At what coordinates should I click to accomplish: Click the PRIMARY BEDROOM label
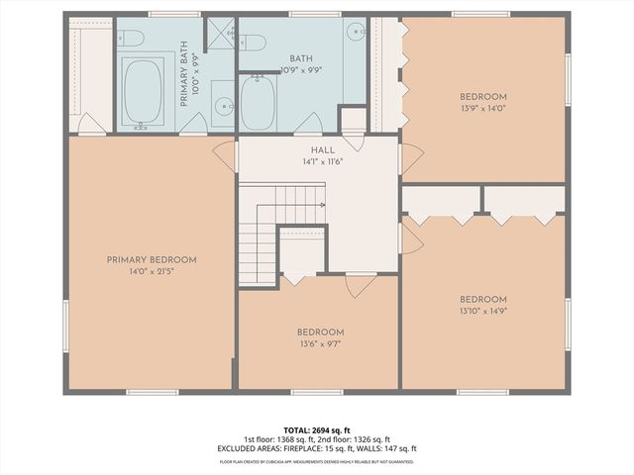[x=152, y=259]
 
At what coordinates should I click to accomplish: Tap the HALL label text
[x=322, y=150]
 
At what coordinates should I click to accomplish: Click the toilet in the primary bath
[x=131, y=40]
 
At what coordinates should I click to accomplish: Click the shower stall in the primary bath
[x=220, y=34]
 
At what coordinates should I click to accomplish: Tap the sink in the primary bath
[x=223, y=106]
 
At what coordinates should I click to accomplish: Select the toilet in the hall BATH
[x=254, y=43]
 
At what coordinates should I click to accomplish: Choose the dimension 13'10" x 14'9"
[x=482, y=311]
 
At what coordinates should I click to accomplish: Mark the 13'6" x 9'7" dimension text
[x=319, y=343]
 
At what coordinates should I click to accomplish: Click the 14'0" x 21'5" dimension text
[x=152, y=270]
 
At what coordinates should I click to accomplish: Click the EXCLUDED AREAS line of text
[x=317, y=449]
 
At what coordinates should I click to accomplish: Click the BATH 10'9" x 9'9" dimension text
[x=301, y=70]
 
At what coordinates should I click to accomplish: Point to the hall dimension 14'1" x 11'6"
[x=322, y=161]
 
